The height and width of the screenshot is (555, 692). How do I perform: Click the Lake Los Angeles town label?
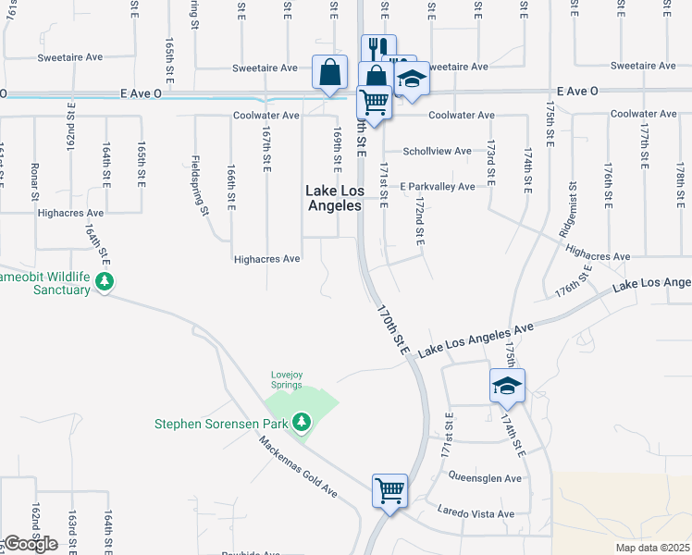[333, 198]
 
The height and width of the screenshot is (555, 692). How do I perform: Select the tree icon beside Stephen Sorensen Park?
[301, 423]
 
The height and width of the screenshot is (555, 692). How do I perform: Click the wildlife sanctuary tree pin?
[105, 280]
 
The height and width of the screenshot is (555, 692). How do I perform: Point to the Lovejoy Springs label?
[287, 380]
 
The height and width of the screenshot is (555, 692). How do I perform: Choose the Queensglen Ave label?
[486, 478]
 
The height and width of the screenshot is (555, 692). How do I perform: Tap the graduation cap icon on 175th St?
[507, 385]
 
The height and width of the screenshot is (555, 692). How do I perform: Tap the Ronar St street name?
[35, 181]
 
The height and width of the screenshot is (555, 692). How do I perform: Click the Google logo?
[31, 544]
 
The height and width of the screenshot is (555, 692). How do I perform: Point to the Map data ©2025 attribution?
[653, 548]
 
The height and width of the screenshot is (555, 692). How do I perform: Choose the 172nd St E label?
[419, 220]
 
